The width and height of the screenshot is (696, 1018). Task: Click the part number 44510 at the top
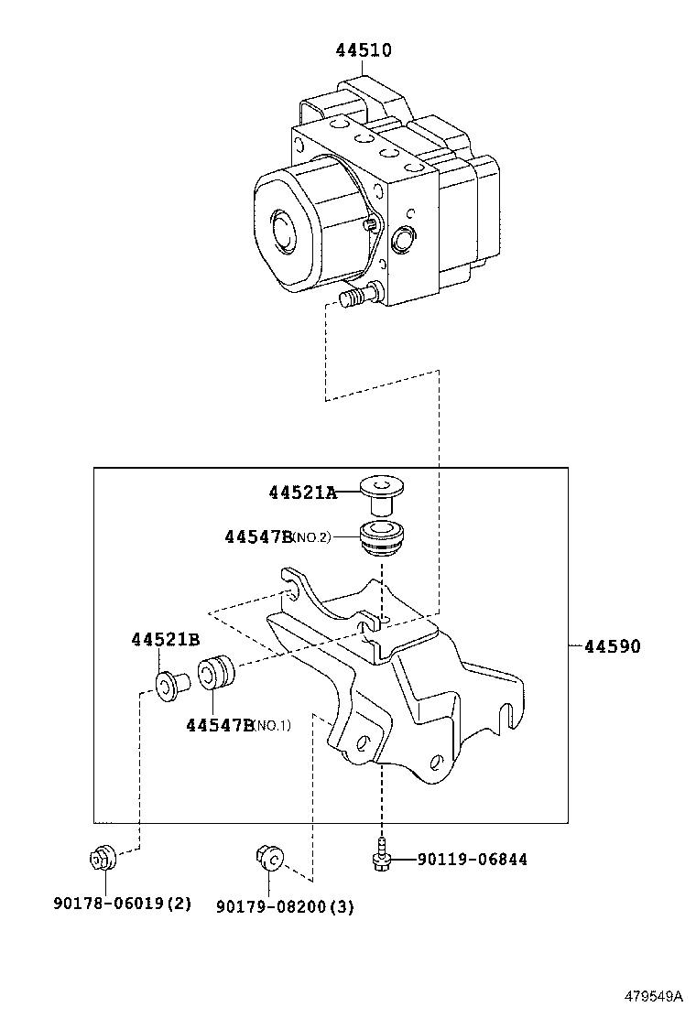pos(364,50)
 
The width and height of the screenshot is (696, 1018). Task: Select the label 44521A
pos(302,493)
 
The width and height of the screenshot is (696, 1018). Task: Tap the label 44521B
pos(166,640)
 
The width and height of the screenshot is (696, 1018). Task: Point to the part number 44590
pos(613,646)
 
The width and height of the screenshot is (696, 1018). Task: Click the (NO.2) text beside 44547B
pos(311,537)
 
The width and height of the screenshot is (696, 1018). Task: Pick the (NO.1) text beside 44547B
pos(271,725)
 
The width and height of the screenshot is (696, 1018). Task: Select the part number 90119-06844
pos(472,860)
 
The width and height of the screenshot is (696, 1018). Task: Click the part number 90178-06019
pos(108,903)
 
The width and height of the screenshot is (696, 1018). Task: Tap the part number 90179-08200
pos(271,906)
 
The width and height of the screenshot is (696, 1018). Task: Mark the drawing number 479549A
pos(654,995)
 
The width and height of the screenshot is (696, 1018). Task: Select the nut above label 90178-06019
pos(102,858)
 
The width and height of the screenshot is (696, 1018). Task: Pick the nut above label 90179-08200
pos(269,858)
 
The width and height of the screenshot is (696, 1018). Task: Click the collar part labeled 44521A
pos(378,493)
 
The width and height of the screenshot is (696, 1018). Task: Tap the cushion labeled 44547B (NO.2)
pos(383,537)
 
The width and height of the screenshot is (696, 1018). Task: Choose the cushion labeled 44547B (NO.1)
pos(215,672)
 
